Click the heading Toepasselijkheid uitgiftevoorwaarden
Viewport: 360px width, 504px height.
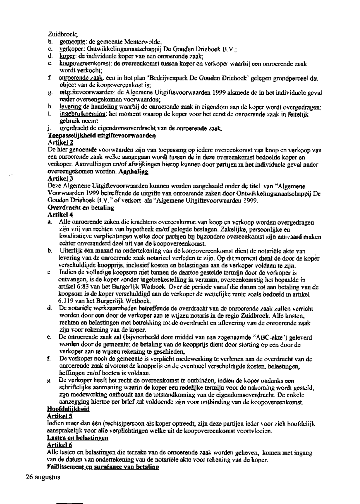coord(102,136)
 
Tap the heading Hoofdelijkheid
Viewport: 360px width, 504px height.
coord(68,409)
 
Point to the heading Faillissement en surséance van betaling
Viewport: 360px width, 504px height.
coord(103,467)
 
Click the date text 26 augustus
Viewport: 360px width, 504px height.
coord(43,477)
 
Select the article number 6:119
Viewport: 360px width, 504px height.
coord(66,301)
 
